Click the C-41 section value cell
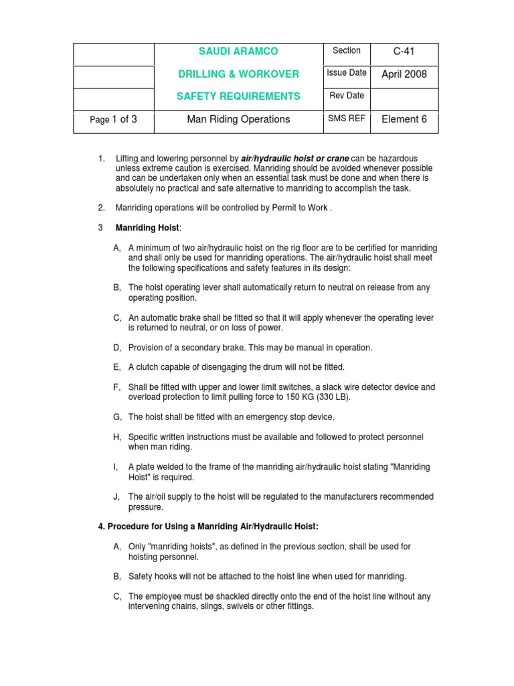click(x=404, y=52)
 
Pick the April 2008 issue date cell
click(x=404, y=74)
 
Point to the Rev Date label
click(x=347, y=95)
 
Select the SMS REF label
click(x=347, y=119)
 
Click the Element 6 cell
click(x=404, y=119)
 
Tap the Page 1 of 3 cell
click(x=113, y=119)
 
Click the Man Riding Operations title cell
click(x=238, y=119)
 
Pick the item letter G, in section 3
click(x=117, y=417)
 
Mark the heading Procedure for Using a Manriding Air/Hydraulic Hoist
click(x=208, y=527)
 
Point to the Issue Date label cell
click(x=346, y=73)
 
